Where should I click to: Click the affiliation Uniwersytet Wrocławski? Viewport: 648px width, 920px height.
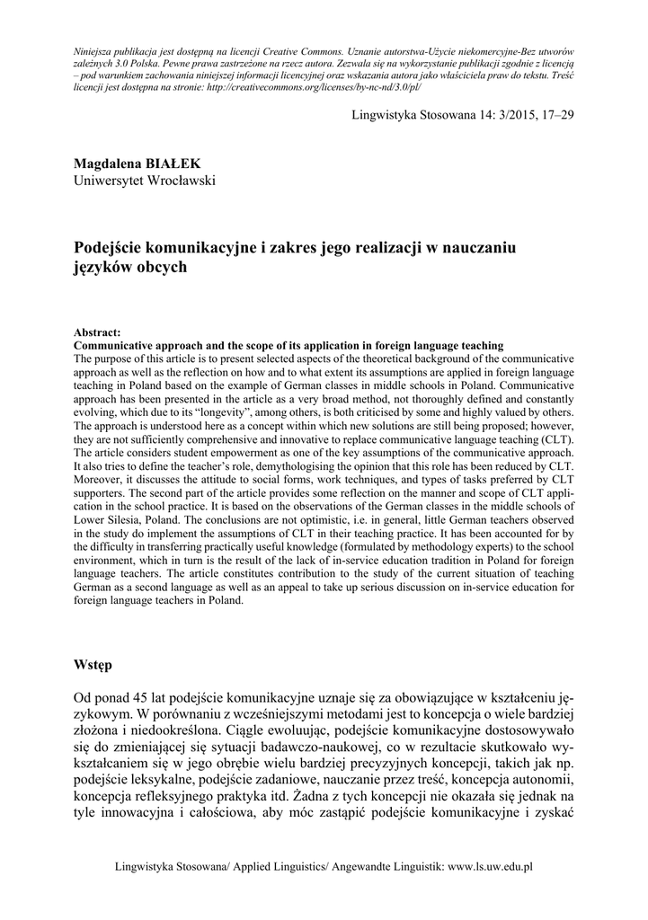click(145, 181)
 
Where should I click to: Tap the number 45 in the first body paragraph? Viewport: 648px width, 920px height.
click(137, 697)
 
